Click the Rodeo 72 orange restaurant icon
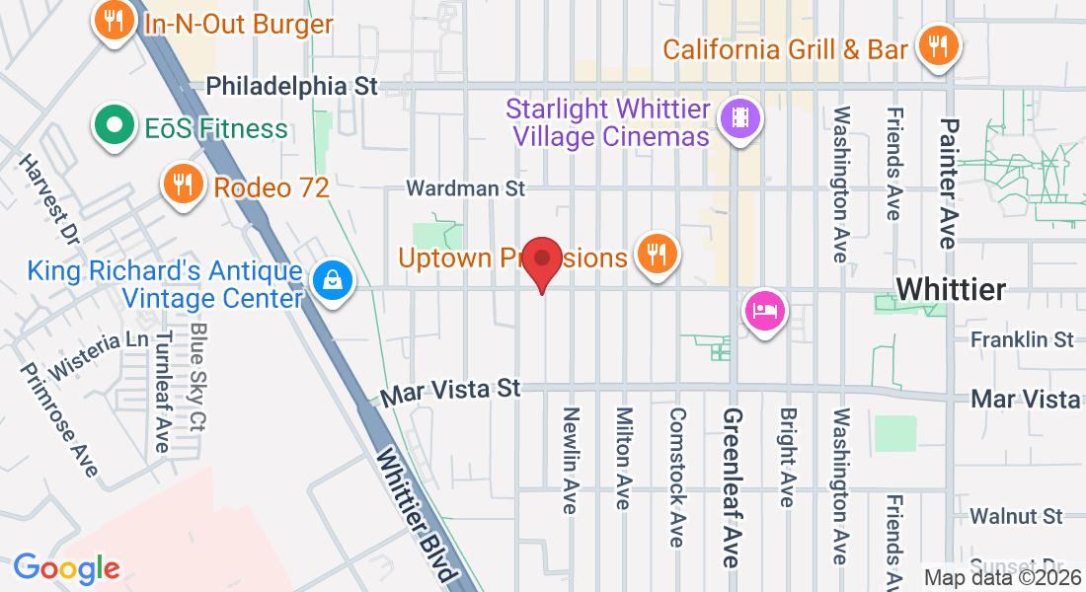coord(182,184)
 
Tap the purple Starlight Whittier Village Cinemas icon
coord(740,119)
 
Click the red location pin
coord(541,261)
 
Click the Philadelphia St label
coord(292,86)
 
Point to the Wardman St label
coord(467,187)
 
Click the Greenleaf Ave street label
coord(732,487)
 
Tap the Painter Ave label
coord(949,183)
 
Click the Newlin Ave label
coord(570,460)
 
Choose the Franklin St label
coord(1021,339)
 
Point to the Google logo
coord(66,568)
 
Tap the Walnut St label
coord(1015,516)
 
